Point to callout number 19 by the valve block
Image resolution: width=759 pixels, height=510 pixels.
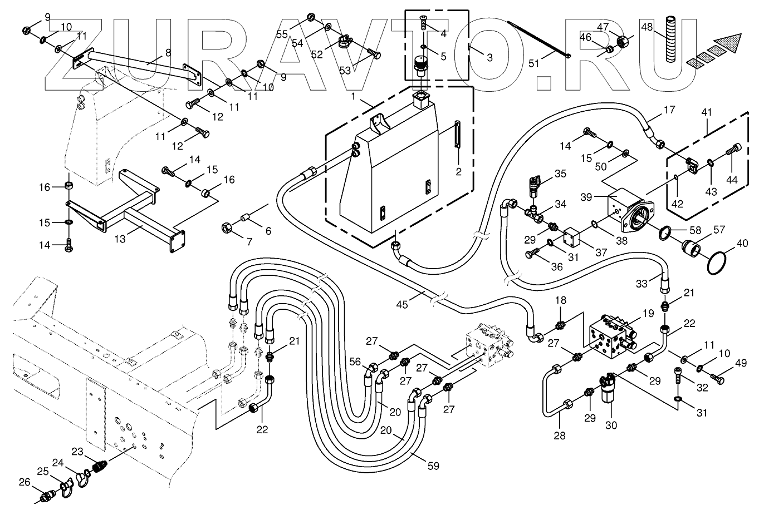647,313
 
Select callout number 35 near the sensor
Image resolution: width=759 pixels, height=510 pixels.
560,174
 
